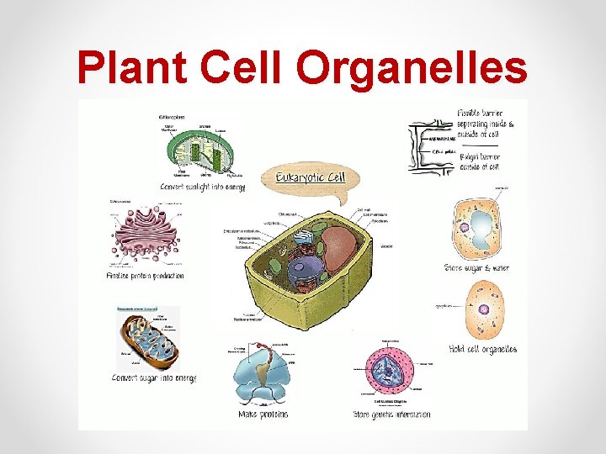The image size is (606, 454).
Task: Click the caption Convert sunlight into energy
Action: (202, 187)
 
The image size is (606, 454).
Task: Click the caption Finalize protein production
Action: (145, 276)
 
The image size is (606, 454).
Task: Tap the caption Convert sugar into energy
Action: (154, 378)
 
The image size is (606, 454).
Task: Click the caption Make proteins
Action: (263, 414)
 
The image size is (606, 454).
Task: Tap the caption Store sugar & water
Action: (476, 268)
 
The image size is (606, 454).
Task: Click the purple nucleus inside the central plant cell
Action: (306, 272)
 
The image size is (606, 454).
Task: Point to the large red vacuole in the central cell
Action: (340, 249)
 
